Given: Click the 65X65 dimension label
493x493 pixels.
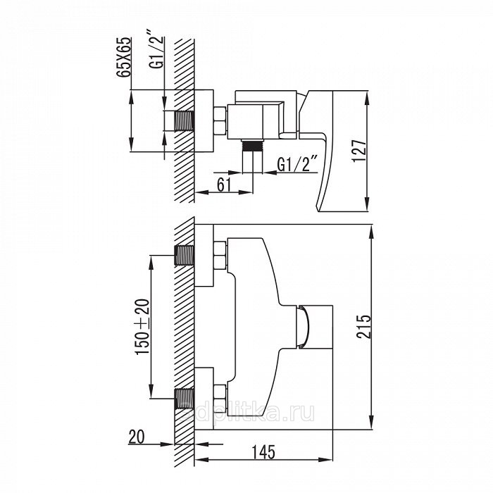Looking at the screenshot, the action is point(123,57).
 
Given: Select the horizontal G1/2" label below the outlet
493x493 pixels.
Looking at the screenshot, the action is point(297,164).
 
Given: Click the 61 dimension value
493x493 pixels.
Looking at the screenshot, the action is point(224,185).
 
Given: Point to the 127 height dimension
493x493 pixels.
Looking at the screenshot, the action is point(359,151).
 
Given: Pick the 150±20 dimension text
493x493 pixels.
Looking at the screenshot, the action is point(142,326).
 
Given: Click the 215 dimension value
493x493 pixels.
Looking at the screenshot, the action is point(364,326).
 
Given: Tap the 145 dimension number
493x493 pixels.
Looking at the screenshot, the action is point(263,452).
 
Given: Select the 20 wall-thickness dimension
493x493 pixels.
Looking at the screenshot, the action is point(136,437).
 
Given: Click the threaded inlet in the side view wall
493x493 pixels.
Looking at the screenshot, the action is point(184,121).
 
